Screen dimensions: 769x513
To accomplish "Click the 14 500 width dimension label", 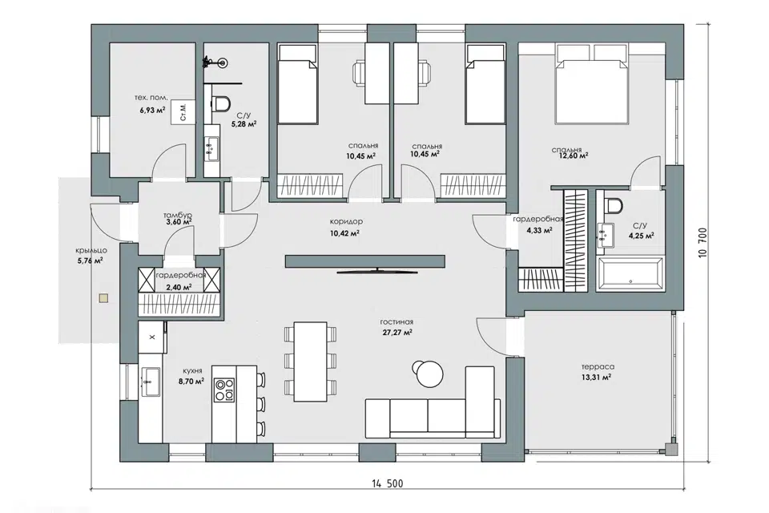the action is pyautogui.click(x=387, y=483).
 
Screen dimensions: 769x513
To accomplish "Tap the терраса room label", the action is pyautogui.click(x=598, y=366).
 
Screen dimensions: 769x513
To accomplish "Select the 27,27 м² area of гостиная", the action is pyautogui.click(x=397, y=333).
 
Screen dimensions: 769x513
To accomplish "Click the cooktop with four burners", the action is pyautogui.click(x=224, y=389).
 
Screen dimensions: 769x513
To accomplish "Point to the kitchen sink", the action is pyautogui.click(x=151, y=382).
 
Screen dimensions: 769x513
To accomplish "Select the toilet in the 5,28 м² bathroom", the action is pyautogui.click(x=222, y=103).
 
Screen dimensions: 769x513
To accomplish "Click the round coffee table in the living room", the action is pyautogui.click(x=429, y=374).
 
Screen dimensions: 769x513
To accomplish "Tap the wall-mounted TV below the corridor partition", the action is pyautogui.click(x=377, y=270).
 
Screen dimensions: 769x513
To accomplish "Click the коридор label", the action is pyautogui.click(x=346, y=221).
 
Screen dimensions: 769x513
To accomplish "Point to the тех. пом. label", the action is pyautogui.click(x=151, y=97).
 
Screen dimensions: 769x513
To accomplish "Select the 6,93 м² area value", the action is pyautogui.click(x=151, y=110).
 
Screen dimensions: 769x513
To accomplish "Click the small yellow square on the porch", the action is pyautogui.click(x=103, y=297).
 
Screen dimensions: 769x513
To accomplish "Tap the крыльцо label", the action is pyautogui.click(x=91, y=250).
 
